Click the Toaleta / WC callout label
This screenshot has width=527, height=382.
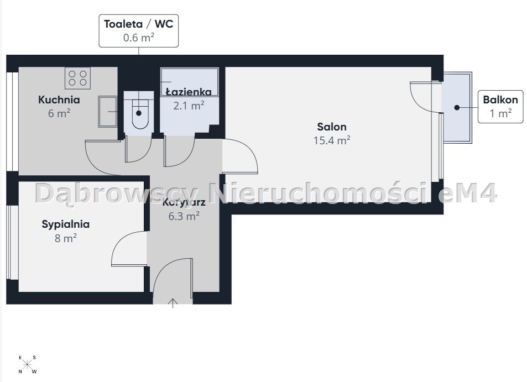138,30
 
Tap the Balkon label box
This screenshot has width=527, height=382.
500,107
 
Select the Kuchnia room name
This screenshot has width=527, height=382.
59,100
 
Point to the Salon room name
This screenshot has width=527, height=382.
332,127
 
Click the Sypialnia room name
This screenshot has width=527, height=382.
66,224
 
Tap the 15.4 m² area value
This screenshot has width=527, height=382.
332,140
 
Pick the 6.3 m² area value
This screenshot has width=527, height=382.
184,216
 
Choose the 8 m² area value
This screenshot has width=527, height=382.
66,238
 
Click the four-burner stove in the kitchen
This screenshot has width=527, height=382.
77,78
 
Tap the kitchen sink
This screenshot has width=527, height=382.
107,112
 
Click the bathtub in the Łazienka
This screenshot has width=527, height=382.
189,82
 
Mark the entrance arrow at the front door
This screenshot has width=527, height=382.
173,303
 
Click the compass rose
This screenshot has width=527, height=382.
28,364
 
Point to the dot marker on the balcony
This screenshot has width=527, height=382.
457,107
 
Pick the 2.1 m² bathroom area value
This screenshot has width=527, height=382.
189,106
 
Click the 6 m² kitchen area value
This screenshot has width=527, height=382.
59,113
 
